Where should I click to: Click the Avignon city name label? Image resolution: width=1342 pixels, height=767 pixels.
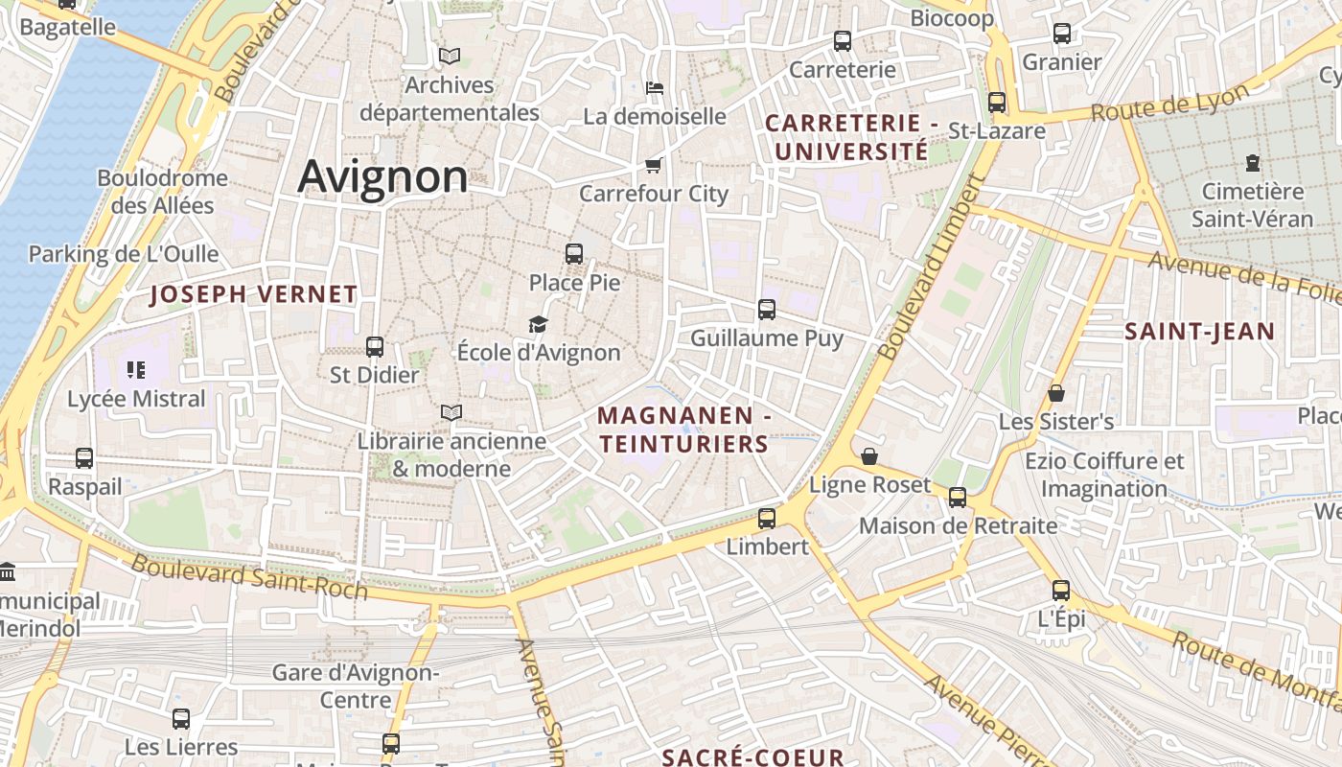382,177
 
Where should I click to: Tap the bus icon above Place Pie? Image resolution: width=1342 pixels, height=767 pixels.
574,254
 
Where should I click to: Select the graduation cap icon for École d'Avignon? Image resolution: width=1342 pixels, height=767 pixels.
538,325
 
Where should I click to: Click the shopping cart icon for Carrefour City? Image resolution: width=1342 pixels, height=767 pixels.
654,165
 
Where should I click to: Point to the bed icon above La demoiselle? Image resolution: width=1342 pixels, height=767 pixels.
655,88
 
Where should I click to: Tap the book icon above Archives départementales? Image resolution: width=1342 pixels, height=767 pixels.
449,57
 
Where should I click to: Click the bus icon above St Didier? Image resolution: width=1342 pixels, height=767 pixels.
375,346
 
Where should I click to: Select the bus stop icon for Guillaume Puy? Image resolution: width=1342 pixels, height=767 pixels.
767,309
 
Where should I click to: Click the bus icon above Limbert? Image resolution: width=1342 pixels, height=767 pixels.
767,518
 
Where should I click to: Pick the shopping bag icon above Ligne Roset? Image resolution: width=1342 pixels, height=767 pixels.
869,456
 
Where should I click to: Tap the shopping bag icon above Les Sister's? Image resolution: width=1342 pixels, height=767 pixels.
1056,393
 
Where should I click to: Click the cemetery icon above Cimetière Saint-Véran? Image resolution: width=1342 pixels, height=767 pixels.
1252,163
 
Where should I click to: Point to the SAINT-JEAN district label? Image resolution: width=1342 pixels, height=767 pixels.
1199,332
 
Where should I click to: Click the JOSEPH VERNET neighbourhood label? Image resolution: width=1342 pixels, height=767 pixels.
254,294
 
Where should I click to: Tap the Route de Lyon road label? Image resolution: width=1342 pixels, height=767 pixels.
1170,103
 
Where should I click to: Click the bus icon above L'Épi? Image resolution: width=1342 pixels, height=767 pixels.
1061,591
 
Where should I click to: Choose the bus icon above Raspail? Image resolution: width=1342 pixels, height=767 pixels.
84,458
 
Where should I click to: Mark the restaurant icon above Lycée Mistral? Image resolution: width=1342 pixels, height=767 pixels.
135,370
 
